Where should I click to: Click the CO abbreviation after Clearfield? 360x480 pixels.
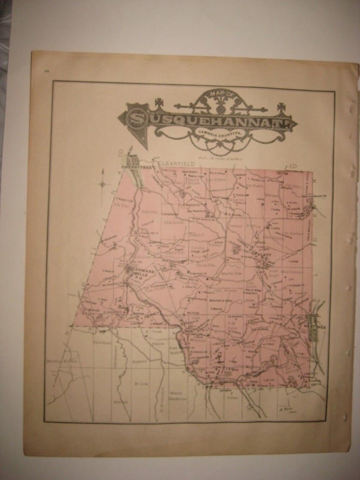click(x=292, y=165)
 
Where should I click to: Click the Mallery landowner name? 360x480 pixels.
click(x=118, y=401)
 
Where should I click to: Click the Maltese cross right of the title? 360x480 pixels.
click(x=281, y=107)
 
